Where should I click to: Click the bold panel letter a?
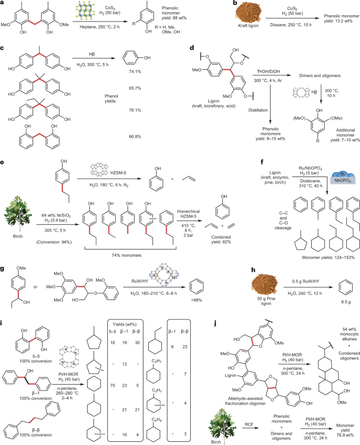click(x=4, y=4)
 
